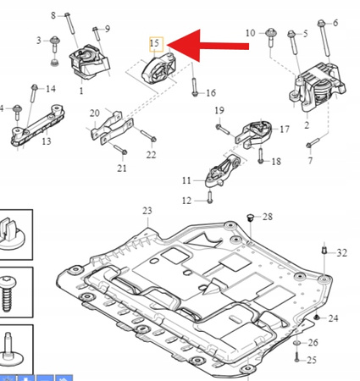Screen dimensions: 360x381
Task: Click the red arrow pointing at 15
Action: click(208, 46)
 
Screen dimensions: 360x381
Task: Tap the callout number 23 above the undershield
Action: click(147, 211)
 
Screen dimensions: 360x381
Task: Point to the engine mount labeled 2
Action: click(317, 87)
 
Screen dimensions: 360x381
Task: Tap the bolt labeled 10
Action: click(271, 38)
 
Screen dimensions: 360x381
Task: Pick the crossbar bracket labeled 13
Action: click(37, 125)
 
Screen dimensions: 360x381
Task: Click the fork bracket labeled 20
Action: click(112, 128)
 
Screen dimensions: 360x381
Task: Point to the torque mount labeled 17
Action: click(254, 134)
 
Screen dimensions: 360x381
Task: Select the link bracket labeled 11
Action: click(222, 172)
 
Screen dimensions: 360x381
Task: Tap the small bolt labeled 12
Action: click(209, 197)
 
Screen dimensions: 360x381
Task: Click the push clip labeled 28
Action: click(250, 218)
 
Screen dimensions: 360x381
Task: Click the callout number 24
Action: click(333, 318)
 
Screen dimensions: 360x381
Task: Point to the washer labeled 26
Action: click(297, 343)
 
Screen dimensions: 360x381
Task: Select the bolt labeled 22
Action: click(148, 135)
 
